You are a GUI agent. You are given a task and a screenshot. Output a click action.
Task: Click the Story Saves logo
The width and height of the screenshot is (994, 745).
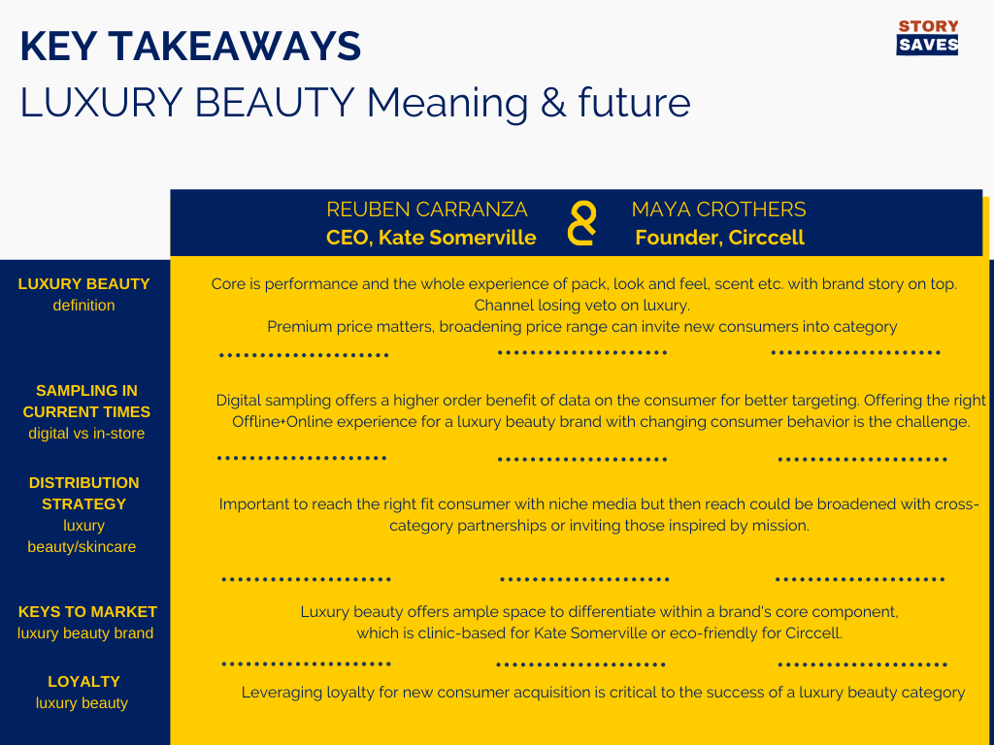927,37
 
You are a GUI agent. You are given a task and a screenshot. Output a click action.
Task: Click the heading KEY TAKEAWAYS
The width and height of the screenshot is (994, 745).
191,47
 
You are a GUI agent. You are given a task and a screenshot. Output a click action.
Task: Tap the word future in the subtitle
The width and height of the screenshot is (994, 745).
634,103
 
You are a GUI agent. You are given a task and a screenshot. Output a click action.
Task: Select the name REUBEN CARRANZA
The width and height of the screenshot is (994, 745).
427,210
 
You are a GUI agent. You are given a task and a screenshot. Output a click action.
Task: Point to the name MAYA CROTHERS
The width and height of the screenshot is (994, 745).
719,210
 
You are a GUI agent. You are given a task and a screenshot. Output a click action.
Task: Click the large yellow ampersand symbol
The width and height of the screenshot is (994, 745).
582,223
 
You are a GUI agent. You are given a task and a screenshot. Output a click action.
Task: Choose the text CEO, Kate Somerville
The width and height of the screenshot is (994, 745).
431,238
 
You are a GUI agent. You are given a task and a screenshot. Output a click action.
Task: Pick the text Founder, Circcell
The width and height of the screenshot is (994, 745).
719,238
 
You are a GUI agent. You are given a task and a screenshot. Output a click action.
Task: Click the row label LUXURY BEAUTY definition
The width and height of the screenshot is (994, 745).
83,294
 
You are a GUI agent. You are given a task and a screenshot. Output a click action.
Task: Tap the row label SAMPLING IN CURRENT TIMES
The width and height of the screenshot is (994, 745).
86,411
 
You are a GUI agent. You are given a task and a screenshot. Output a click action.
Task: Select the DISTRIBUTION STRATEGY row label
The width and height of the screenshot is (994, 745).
83,514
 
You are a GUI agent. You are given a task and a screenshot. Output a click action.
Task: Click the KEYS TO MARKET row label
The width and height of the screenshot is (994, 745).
86,622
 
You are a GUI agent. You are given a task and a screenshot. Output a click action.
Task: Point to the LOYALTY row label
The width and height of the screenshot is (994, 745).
83,692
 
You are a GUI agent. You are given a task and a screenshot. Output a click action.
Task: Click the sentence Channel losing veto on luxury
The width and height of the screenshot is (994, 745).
582,306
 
